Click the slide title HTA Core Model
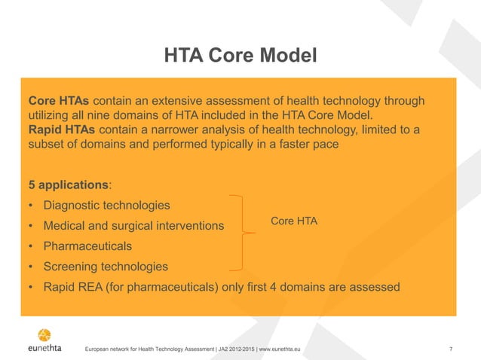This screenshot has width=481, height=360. coord(240,55)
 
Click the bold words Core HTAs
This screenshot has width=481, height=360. coord(58,101)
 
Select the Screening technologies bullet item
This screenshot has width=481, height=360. coord(105,267)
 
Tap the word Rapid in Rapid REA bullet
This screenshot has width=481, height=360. coord(60,287)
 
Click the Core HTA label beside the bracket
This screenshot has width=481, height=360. coord(294,221)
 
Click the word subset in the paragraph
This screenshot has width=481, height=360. coord(47,144)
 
